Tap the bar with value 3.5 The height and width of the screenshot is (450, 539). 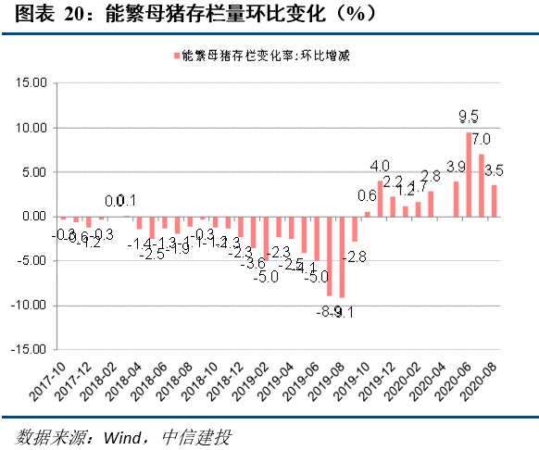(x=495, y=200)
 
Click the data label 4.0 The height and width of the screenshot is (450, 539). (x=380, y=166)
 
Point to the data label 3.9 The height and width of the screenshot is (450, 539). (x=456, y=167)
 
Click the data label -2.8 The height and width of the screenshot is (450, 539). (x=357, y=255)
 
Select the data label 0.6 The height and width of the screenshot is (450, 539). (x=367, y=196)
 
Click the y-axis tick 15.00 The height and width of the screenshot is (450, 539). (x=31, y=82)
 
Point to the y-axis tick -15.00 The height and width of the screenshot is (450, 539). (x=29, y=350)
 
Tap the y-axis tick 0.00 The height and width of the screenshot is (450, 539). (x=33, y=216)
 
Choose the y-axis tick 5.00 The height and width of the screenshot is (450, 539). (x=33, y=171)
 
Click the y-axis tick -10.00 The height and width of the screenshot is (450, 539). (x=29, y=306)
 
